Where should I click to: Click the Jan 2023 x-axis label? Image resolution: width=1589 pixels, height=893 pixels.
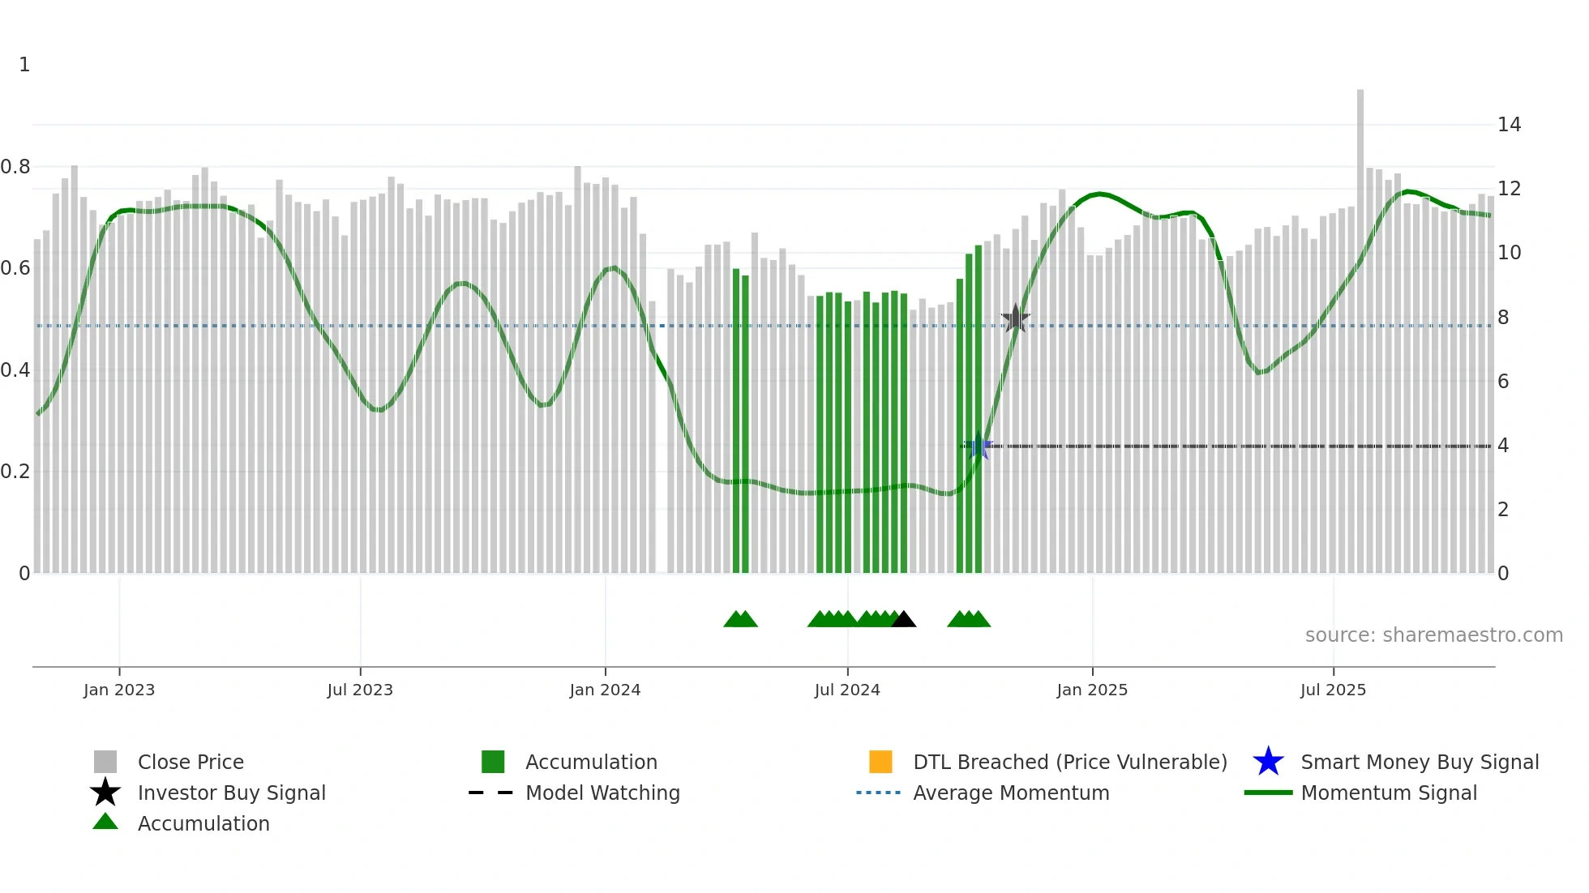(119, 690)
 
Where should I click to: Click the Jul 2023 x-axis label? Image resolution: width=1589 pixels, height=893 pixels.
(360, 690)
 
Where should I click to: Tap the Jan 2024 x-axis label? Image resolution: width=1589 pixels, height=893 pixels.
(605, 690)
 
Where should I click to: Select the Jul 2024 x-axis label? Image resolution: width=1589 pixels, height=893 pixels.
(847, 690)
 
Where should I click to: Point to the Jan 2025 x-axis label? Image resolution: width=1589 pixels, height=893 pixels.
(1092, 690)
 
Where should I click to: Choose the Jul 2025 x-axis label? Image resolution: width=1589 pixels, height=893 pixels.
(1333, 690)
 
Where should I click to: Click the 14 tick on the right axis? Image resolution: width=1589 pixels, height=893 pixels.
(1509, 125)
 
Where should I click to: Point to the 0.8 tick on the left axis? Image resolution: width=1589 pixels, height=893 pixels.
(15, 167)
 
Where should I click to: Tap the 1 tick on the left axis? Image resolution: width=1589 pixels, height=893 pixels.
(24, 65)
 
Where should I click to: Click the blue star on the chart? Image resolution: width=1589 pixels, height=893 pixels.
(979, 446)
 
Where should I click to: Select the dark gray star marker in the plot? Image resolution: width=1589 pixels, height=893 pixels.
(1015, 318)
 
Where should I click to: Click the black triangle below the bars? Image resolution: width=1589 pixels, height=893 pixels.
(903, 620)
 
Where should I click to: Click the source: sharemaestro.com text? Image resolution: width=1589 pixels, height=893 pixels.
(1433, 635)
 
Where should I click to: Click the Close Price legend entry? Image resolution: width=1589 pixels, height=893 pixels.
(191, 763)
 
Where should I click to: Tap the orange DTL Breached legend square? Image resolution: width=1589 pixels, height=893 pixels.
(880, 762)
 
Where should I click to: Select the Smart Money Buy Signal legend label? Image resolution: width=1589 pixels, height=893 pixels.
(1420, 763)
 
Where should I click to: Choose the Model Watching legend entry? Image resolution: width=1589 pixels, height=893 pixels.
(602, 793)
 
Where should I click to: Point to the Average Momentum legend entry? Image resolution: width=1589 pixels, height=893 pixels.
(1011, 793)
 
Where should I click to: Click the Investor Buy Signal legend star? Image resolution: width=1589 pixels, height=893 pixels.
(105, 793)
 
